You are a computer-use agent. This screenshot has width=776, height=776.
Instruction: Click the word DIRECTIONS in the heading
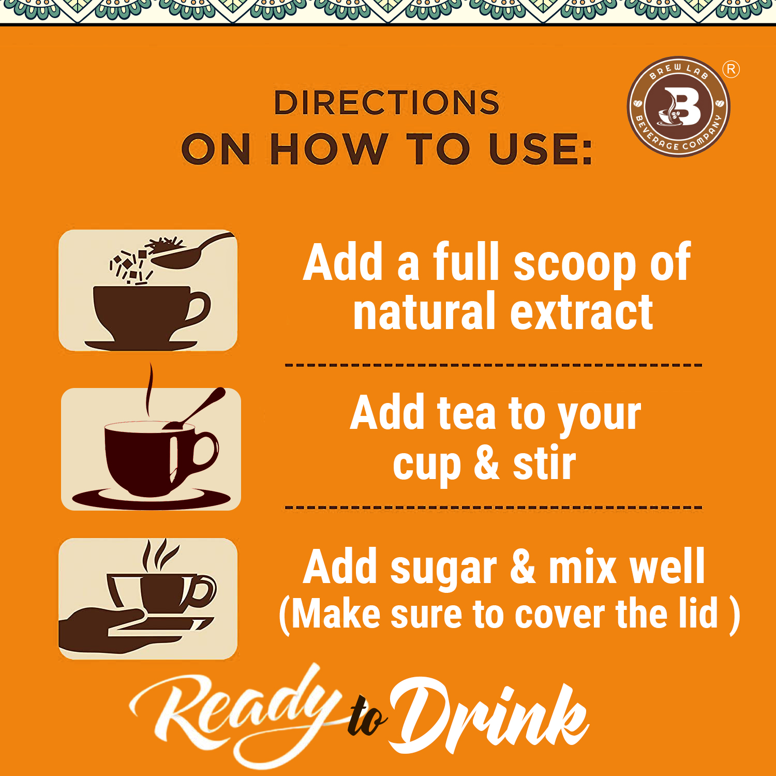(x=386, y=102)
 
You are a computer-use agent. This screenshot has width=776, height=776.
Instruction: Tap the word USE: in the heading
(x=540, y=150)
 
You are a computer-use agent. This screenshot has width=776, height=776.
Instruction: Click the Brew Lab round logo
(x=678, y=107)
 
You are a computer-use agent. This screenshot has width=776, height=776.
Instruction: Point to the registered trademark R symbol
(x=731, y=69)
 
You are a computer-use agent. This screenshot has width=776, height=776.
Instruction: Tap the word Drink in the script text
(x=489, y=717)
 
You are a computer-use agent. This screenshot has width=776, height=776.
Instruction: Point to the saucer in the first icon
(x=141, y=345)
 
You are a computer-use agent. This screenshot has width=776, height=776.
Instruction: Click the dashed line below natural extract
(x=494, y=365)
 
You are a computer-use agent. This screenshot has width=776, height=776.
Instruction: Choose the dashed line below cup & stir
(x=494, y=508)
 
